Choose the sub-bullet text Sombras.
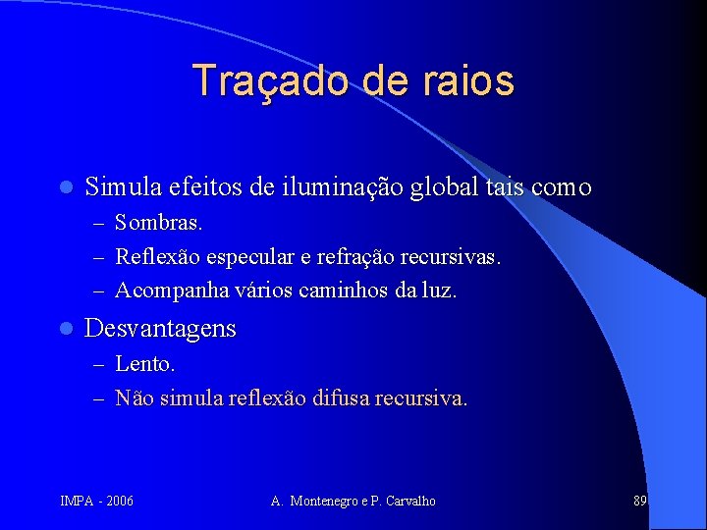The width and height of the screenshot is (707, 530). tap(159, 224)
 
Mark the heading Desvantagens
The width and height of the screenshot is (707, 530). tap(160, 328)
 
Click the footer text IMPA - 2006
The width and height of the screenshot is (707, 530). tap(97, 502)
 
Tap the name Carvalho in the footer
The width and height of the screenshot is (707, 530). tap(409, 502)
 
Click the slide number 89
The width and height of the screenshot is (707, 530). tap(639, 501)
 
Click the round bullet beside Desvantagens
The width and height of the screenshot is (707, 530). tap(65, 329)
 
